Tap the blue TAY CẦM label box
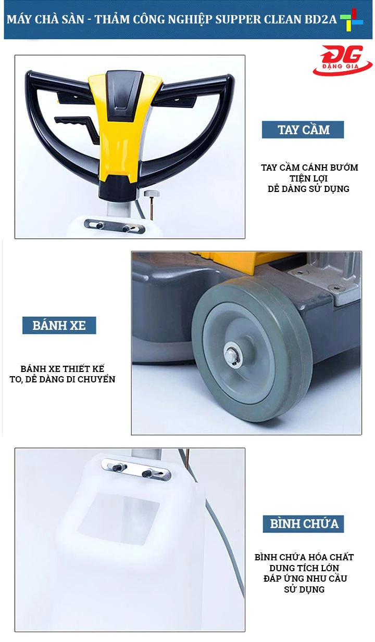coord(303,130)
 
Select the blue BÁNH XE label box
coord(59,325)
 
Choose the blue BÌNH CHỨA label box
coord(303,523)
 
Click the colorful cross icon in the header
coord(352,20)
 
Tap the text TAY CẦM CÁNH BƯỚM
coord(309,168)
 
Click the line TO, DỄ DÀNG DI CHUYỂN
coord(63,379)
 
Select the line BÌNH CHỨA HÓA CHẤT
coord(304,557)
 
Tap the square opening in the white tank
coord(120,515)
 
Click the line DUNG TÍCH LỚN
coord(304,568)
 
